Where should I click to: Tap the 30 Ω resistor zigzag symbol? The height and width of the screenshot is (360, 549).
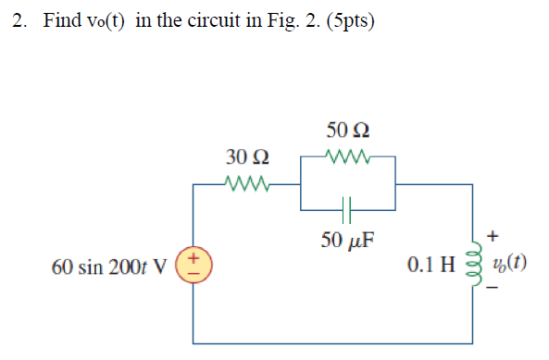pos(245,183)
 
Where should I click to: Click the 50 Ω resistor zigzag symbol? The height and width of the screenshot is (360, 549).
pos(349,156)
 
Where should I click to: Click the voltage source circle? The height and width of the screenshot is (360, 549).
pos(193,266)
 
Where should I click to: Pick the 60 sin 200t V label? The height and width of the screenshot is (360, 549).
pos(110,267)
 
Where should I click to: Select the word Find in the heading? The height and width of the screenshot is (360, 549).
pos(62,21)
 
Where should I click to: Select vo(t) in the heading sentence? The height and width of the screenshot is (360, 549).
pos(107,21)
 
